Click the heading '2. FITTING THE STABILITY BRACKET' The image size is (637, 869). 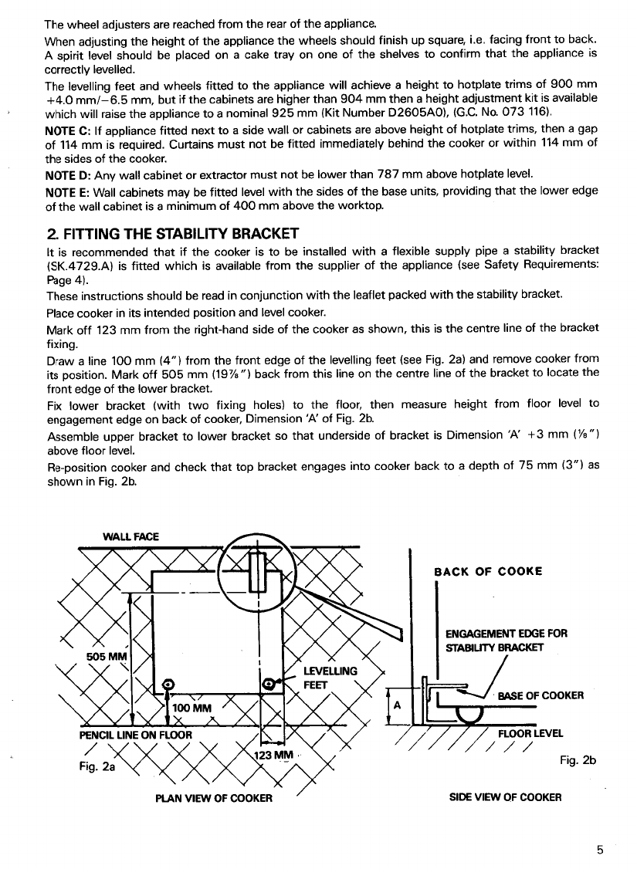pos(170,232)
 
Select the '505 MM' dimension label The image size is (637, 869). pos(106,657)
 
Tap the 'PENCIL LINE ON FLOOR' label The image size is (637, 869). pos(135,734)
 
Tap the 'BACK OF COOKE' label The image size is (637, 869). pos(488,571)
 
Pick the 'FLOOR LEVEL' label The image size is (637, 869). pos(530,734)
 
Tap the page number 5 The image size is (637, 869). pos(599,851)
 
